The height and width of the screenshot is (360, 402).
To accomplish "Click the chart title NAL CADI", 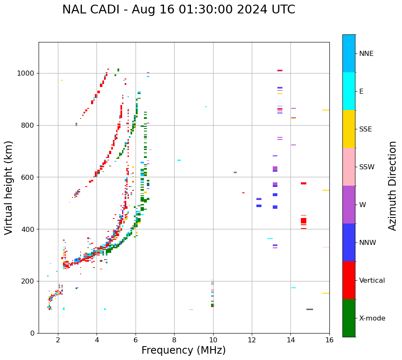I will click(x=178, y=10).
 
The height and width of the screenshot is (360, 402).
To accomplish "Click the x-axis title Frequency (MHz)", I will click(x=183, y=350).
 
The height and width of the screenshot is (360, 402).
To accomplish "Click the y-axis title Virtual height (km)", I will click(x=9, y=188).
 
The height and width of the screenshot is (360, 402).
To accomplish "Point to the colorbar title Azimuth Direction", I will click(x=392, y=186).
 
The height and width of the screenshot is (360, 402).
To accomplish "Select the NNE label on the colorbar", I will click(x=366, y=54).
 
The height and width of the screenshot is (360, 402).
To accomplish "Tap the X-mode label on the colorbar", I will click(x=372, y=318).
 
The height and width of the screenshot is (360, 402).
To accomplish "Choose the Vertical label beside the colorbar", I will click(x=372, y=281).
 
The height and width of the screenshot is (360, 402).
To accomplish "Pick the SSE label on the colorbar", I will click(x=365, y=129).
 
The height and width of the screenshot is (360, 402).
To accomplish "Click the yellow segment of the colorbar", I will click(x=349, y=129).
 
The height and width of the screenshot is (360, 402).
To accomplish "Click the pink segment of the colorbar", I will click(x=349, y=167).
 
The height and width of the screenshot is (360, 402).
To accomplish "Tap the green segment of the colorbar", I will click(x=349, y=318).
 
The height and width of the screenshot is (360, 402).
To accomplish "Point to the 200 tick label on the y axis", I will click(x=29, y=281).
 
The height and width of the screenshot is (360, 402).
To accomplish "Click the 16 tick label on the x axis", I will click(x=329, y=340).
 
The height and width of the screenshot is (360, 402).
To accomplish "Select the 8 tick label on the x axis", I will click(x=174, y=340).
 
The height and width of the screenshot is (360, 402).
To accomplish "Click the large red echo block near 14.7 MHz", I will click(x=303, y=221).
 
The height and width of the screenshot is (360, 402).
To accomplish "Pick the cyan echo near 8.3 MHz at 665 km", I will click(x=179, y=160).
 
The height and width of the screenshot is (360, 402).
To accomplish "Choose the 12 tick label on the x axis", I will click(x=252, y=340).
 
